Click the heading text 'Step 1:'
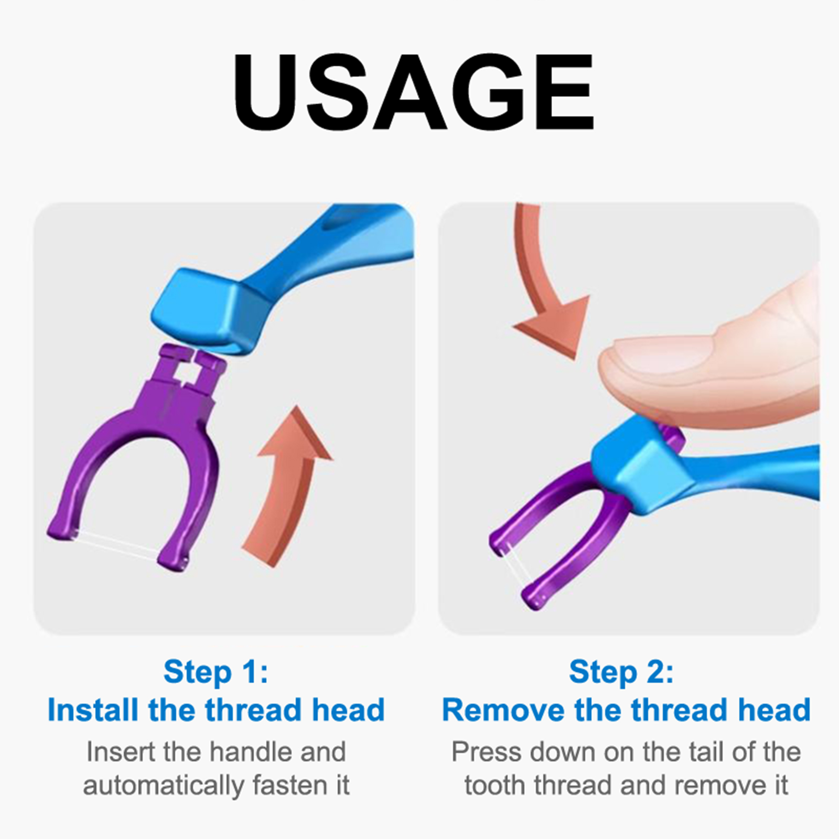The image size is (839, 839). (x=216, y=672)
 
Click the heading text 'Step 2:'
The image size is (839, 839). (x=621, y=672)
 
